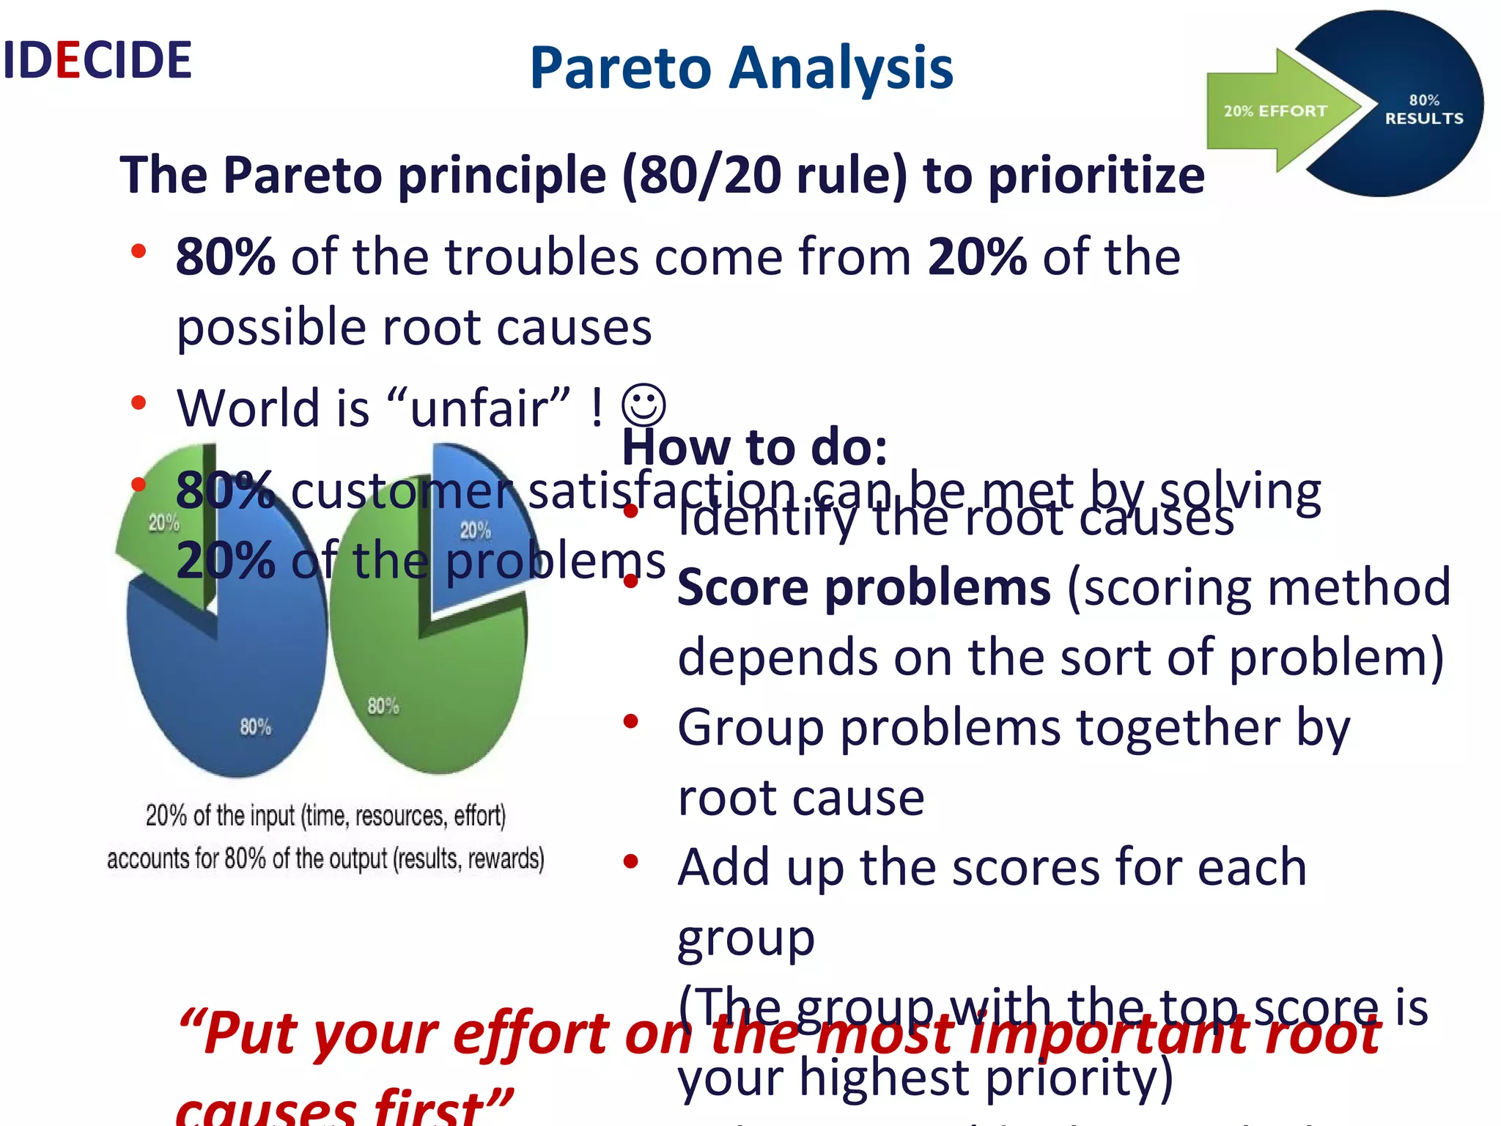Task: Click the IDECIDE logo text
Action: coord(97,60)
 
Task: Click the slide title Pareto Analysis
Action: coord(741,67)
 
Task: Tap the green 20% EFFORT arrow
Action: coord(1275,111)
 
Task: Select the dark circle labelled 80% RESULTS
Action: coord(1423,109)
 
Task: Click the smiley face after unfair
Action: coord(643,405)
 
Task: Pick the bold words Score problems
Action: coord(863,588)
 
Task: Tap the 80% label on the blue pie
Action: coord(255,726)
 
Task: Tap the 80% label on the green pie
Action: coord(383,706)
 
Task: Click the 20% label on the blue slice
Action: coord(475,530)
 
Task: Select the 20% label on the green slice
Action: coord(163,523)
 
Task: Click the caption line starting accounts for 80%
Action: coord(325,858)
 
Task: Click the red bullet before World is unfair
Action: coord(139,402)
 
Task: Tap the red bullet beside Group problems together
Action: coord(630,722)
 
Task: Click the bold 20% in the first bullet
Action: coord(976,257)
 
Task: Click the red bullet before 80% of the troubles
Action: coord(139,251)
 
